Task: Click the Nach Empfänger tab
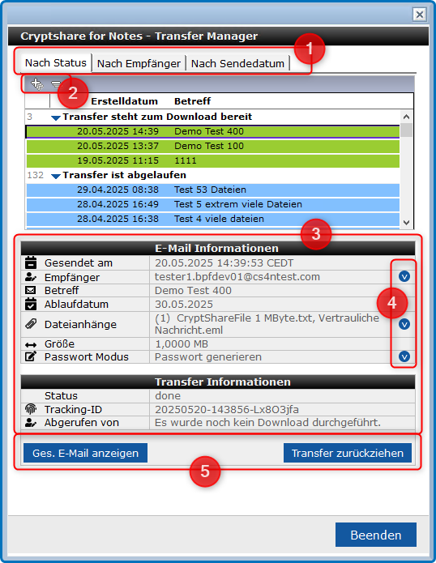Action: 139,63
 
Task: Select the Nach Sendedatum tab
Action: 237,63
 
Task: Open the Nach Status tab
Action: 56,63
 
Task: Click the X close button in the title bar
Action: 419,15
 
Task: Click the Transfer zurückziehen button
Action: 348,453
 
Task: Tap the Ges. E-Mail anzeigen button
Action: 85,453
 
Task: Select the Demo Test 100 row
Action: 213,146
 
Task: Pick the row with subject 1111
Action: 213,160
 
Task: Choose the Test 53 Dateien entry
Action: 213,190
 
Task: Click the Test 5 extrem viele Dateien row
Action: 213,204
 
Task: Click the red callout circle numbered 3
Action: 316,234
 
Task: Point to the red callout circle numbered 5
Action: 205,471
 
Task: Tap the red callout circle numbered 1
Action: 310,49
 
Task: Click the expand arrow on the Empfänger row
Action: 404,276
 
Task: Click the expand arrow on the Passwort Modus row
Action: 404,356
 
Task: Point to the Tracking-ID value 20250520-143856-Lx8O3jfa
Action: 227,409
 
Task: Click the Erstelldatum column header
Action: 124,101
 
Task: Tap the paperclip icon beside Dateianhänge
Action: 31,324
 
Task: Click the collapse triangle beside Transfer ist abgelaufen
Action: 56,176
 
